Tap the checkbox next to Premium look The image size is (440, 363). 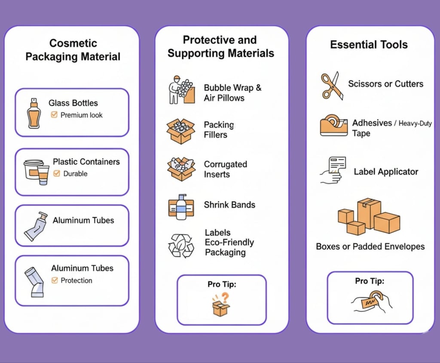(x=54, y=115)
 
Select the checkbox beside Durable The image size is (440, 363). (x=57, y=174)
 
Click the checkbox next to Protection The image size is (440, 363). (x=55, y=280)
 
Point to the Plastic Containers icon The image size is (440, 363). (x=37, y=172)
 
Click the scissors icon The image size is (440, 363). (x=332, y=86)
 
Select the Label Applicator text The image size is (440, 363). (x=385, y=172)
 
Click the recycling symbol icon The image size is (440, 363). (x=180, y=245)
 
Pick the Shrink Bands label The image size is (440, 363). (x=229, y=205)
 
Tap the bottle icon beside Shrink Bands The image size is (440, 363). (x=181, y=207)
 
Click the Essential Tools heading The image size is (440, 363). (x=369, y=45)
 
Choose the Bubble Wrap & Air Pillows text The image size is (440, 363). (x=232, y=93)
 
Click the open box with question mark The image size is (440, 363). (x=221, y=305)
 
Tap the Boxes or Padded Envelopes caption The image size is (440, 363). (x=370, y=246)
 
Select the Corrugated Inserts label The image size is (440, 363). (x=225, y=169)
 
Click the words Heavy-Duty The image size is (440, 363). (x=415, y=123)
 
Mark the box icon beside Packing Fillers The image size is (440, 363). (x=180, y=130)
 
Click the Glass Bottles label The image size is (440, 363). (x=73, y=103)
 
